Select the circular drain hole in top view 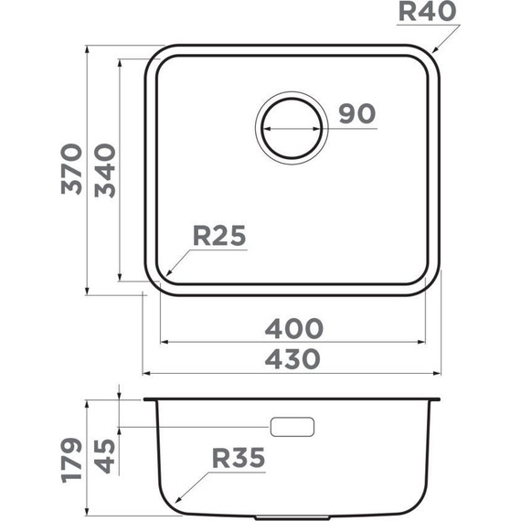[x=292, y=127]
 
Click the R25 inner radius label [x=219, y=237]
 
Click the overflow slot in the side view [x=292, y=427]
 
